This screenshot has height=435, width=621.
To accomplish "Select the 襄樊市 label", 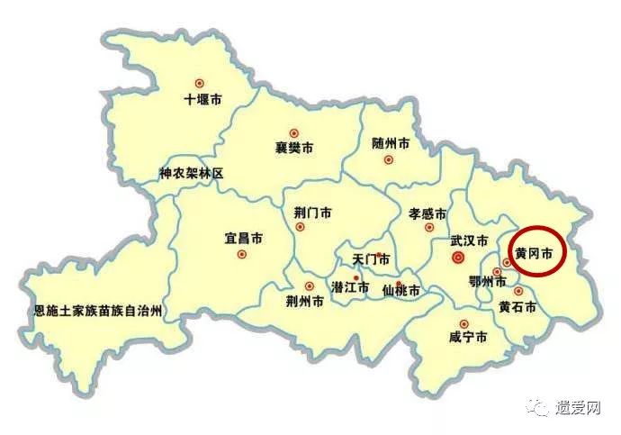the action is (294, 149).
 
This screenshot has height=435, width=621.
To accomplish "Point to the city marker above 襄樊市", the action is (293, 132).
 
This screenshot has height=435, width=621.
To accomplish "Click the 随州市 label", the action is (391, 143).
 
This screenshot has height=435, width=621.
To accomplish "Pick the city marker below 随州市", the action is (389, 160).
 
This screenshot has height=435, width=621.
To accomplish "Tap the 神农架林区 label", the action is (191, 173).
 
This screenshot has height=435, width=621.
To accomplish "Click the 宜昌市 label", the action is (243, 239).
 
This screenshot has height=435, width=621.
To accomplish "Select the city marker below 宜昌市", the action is (241, 255).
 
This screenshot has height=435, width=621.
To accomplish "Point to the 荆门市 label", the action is (312, 213).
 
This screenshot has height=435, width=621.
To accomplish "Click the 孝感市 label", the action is (427, 214).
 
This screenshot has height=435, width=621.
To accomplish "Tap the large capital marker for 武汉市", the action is (458, 258).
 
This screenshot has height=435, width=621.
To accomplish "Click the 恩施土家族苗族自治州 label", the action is (97, 312).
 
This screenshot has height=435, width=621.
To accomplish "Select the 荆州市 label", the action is (304, 302).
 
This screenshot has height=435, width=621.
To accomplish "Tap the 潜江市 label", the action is (350, 288).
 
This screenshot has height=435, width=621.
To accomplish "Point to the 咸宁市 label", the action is (467, 338).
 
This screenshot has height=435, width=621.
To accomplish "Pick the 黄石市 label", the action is (517, 307).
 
